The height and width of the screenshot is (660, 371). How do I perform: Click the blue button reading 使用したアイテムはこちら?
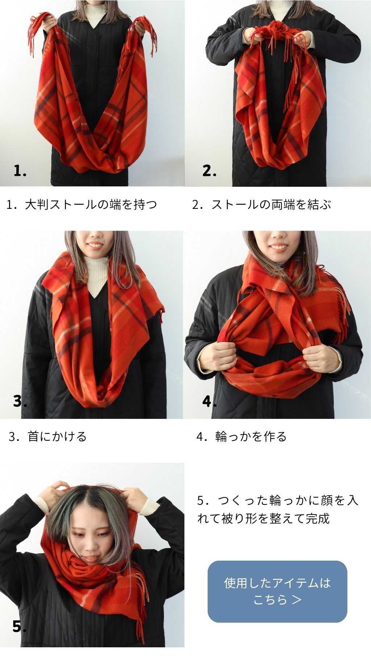277,591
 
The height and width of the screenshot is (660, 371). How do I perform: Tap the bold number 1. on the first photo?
20,170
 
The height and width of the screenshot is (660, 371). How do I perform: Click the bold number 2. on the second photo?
209,170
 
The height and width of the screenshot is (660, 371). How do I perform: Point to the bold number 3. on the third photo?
20,401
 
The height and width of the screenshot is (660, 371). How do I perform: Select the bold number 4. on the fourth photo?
209,401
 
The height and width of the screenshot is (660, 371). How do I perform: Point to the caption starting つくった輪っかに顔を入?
278,510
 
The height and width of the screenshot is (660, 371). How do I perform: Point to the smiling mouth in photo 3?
95,246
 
